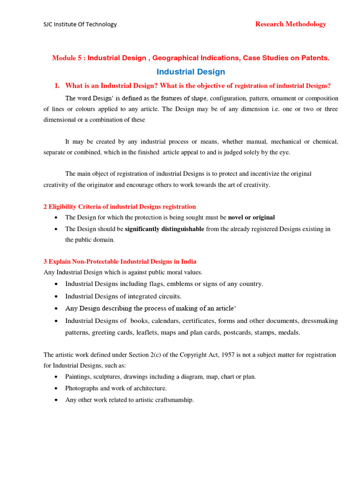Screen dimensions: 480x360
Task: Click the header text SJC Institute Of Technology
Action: (x=80, y=24)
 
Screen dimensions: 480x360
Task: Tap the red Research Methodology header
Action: (x=291, y=24)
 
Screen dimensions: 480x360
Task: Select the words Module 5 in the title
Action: (x=67, y=58)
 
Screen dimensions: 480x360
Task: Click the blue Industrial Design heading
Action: (x=190, y=72)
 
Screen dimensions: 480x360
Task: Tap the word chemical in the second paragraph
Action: (x=326, y=141)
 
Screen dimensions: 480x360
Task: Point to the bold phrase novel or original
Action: (x=251, y=217)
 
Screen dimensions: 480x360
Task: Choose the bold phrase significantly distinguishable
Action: (x=165, y=229)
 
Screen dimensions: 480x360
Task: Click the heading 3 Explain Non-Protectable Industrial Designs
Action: (x=120, y=261)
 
